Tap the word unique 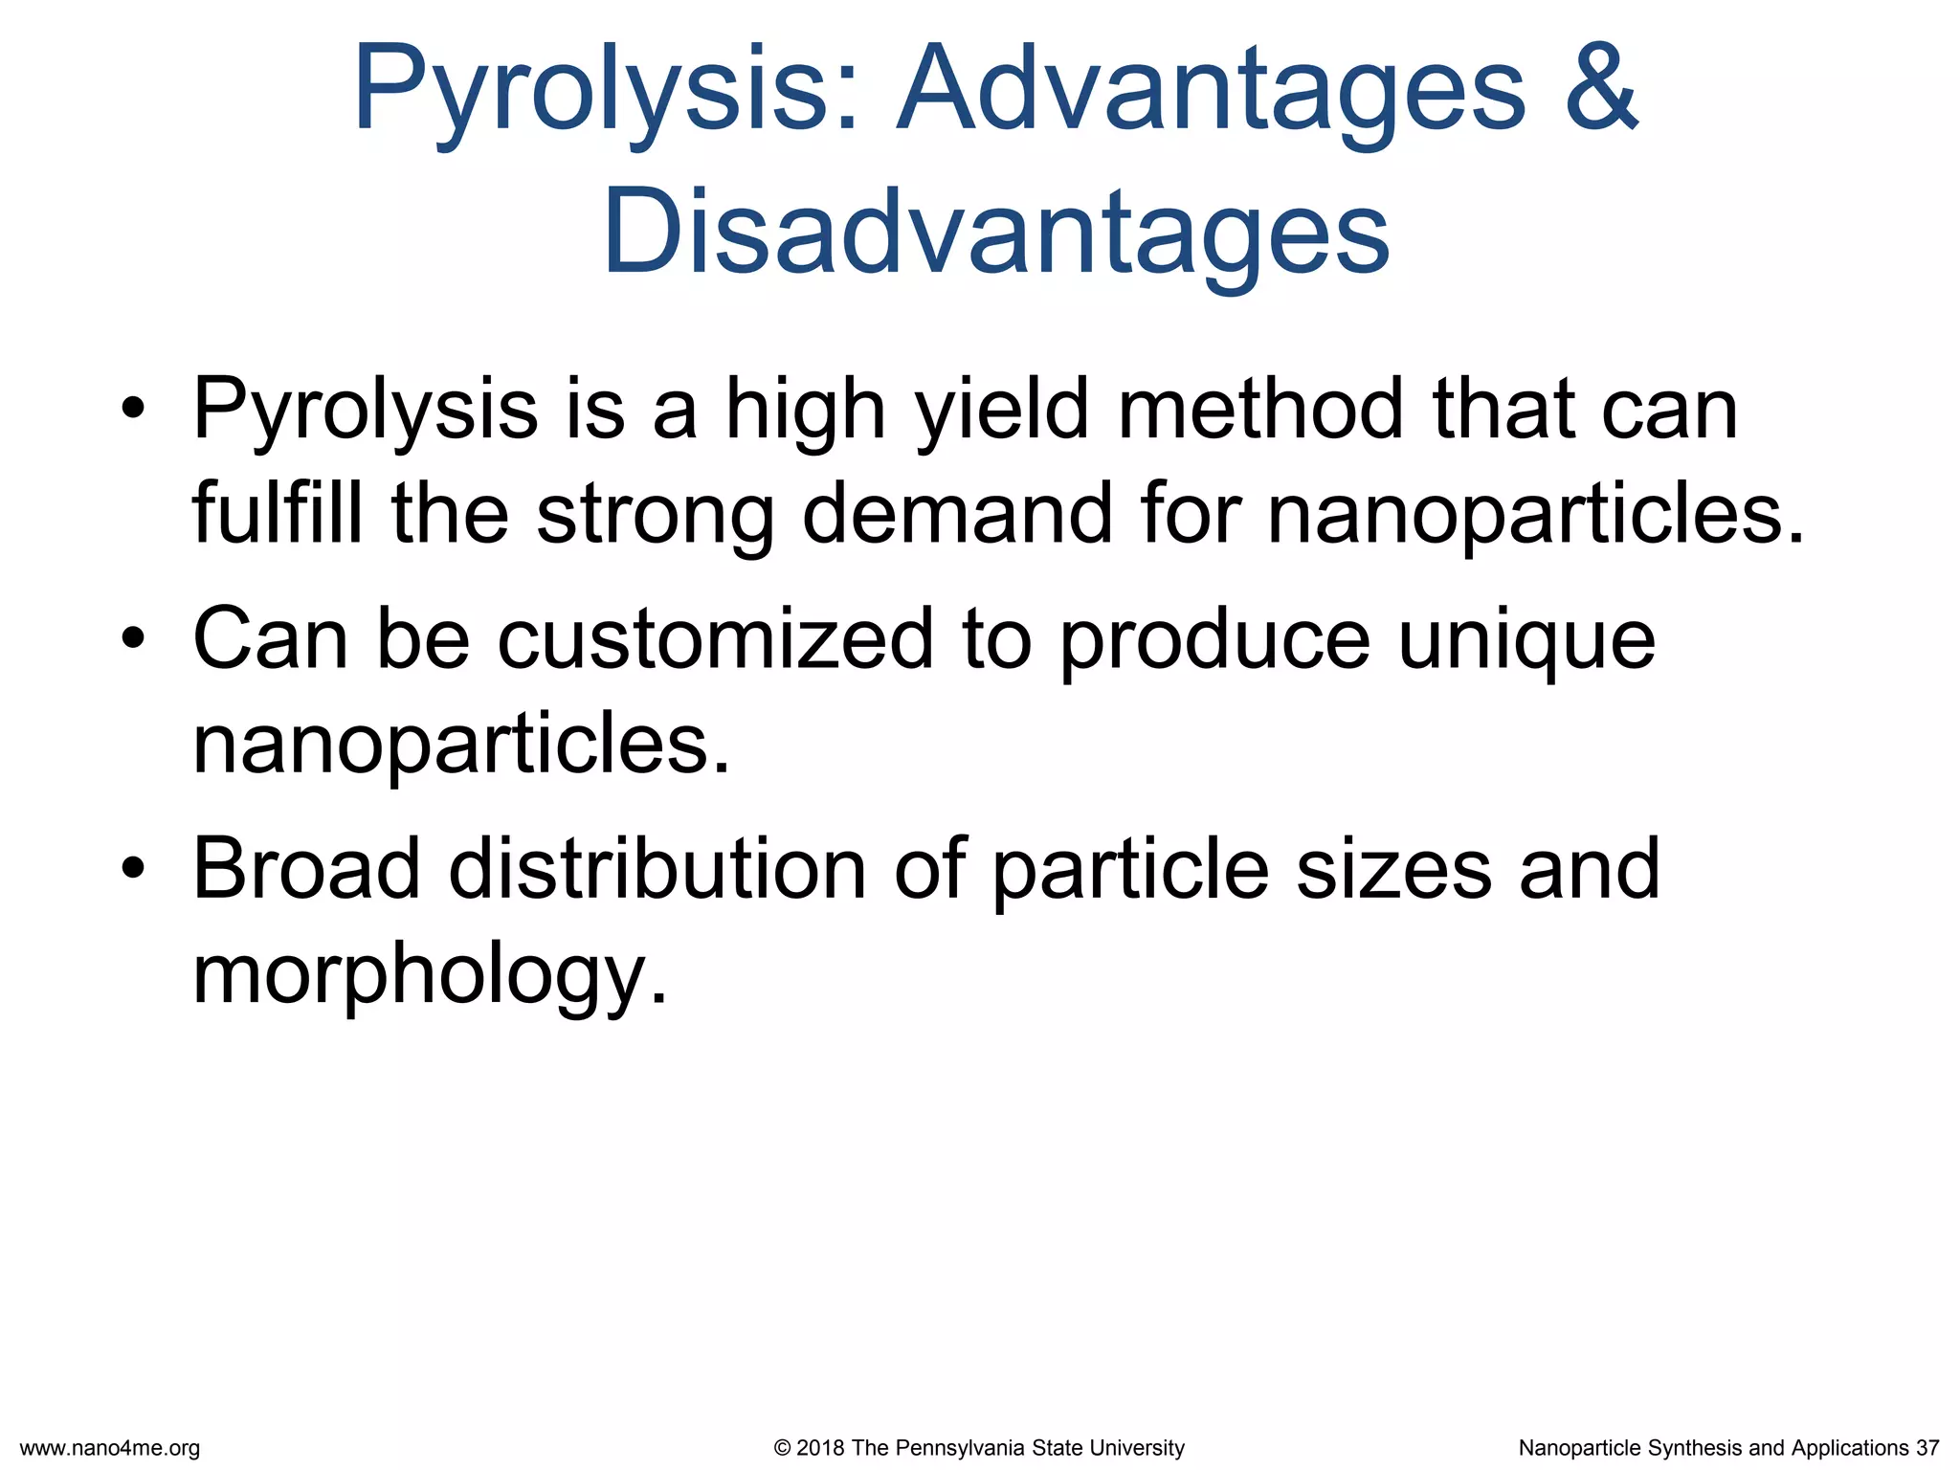click(1526, 641)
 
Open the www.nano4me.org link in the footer click(110, 1448)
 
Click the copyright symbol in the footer click(782, 1448)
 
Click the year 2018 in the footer click(819, 1448)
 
